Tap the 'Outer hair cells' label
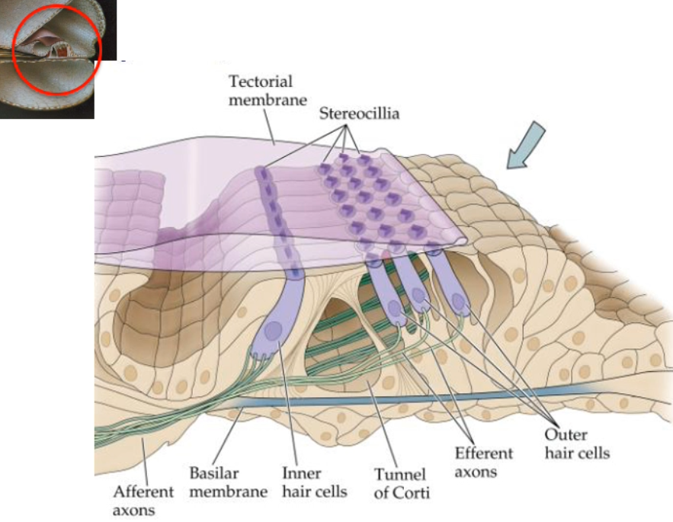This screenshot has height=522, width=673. click(x=577, y=444)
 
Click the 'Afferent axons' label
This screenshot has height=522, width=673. click(x=143, y=501)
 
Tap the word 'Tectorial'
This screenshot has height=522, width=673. click(x=261, y=81)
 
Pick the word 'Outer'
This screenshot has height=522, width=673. click(x=565, y=435)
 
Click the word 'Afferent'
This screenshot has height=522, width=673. click(x=143, y=492)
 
